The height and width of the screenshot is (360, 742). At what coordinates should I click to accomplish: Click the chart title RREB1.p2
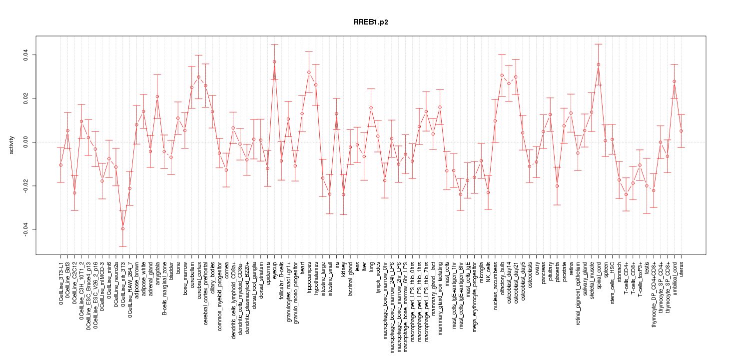tap(371, 22)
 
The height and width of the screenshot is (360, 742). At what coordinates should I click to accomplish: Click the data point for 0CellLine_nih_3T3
tap(122, 228)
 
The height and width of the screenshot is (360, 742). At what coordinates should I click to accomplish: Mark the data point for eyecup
tap(274, 61)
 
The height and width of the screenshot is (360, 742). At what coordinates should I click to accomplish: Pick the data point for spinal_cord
tap(598, 64)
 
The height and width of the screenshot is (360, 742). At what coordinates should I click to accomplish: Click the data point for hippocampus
tap(309, 72)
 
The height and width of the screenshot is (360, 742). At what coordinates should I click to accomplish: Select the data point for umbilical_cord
tap(674, 81)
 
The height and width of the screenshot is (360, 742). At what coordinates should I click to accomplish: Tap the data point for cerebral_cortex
tap(198, 77)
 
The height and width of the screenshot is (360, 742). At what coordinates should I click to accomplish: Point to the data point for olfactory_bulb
tap(502, 75)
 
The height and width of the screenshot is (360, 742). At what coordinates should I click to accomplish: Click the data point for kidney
tap(343, 194)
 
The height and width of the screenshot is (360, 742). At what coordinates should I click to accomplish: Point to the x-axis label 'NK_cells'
tap(488, 272)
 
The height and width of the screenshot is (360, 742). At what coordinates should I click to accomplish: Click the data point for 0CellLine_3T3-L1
tap(60, 165)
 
